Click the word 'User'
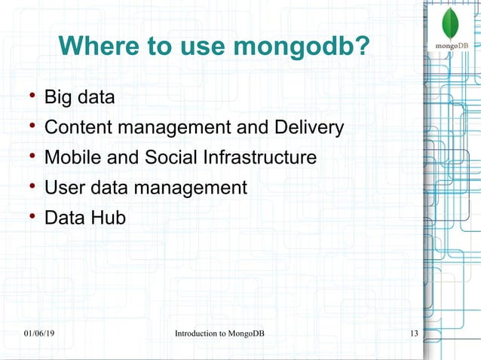[x=64, y=188]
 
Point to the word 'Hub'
[x=110, y=218]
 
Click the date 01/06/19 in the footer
[x=38, y=334]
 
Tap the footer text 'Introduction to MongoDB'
[x=219, y=334]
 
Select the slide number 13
[x=413, y=334]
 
